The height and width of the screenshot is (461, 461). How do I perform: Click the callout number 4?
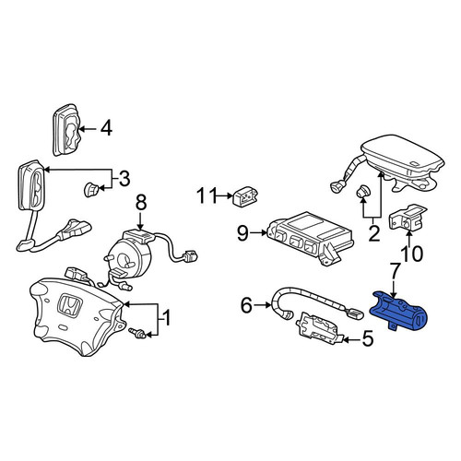pyautogui.click(x=106, y=128)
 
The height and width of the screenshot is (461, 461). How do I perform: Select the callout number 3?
pyautogui.click(x=124, y=178)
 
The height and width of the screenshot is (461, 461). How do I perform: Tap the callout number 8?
pyautogui.click(x=141, y=203)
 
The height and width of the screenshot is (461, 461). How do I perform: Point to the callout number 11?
pyautogui.click(x=207, y=195)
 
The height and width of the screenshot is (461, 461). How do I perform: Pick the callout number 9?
pyautogui.click(x=242, y=234)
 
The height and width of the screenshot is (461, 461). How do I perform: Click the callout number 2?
pyautogui.click(x=373, y=234)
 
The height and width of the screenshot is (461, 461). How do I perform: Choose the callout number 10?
pyautogui.click(x=413, y=254)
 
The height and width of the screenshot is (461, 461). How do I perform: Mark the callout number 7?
pyautogui.click(x=395, y=270)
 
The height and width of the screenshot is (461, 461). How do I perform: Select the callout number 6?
pyautogui.click(x=247, y=305)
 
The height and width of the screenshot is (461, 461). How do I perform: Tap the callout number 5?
pyautogui.click(x=367, y=338)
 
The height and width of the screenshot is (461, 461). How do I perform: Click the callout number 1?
pyautogui.click(x=165, y=318)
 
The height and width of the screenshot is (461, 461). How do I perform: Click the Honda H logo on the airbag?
pyautogui.click(x=69, y=305)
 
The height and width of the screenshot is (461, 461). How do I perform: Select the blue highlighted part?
pyautogui.click(x=398, y=311)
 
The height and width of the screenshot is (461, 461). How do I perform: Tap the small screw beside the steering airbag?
pyautogui.click(x=137, y=333)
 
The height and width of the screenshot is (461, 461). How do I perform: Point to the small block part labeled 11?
pyautogui.click(x=245, y=197)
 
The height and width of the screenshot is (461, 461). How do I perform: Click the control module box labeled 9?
pyautogui.click(x=310, y=237)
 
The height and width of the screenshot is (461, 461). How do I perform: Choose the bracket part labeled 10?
pyautogui.click(x=408, y=218)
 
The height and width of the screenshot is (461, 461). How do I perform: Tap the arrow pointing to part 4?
pyautogui.click(x=88, y=129)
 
